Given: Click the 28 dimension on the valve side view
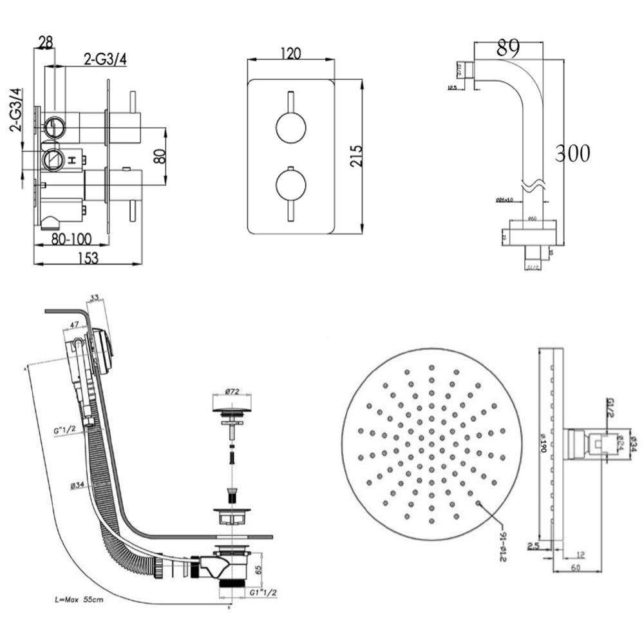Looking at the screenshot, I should (45, 43).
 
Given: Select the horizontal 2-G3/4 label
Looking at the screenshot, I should (106, 60).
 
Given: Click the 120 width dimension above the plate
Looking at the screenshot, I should (290, 54).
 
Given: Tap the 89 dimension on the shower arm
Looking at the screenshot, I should (509, 47).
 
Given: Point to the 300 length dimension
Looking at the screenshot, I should (573, 153).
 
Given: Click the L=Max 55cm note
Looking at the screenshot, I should (77, 599).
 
